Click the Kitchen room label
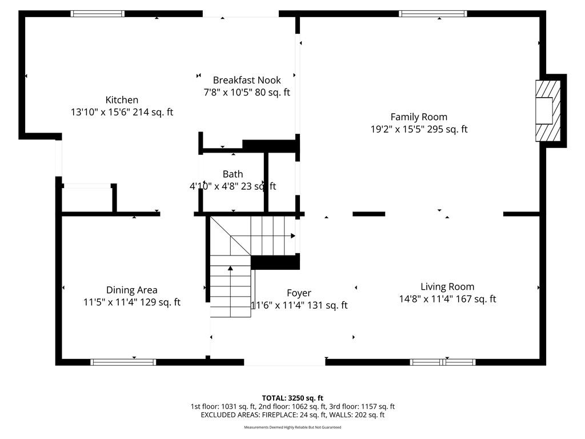[122, 100]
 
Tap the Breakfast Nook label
[247, 80]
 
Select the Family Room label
[419, 117]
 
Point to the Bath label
[233, 174]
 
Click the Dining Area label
[132, 290]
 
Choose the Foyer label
[299, 293]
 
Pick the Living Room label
[447, 287]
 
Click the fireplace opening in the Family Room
[544, 110]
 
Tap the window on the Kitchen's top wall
[97, 14]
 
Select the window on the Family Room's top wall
[433, 14]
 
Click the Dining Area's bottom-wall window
[123, 362]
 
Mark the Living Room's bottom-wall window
[443, 362]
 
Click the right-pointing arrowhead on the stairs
[293, 236]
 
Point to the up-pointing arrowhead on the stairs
[231, 268]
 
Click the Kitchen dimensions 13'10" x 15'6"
[101, 112]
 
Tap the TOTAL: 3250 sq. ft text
[292, 398]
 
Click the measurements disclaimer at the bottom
[292, 428]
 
